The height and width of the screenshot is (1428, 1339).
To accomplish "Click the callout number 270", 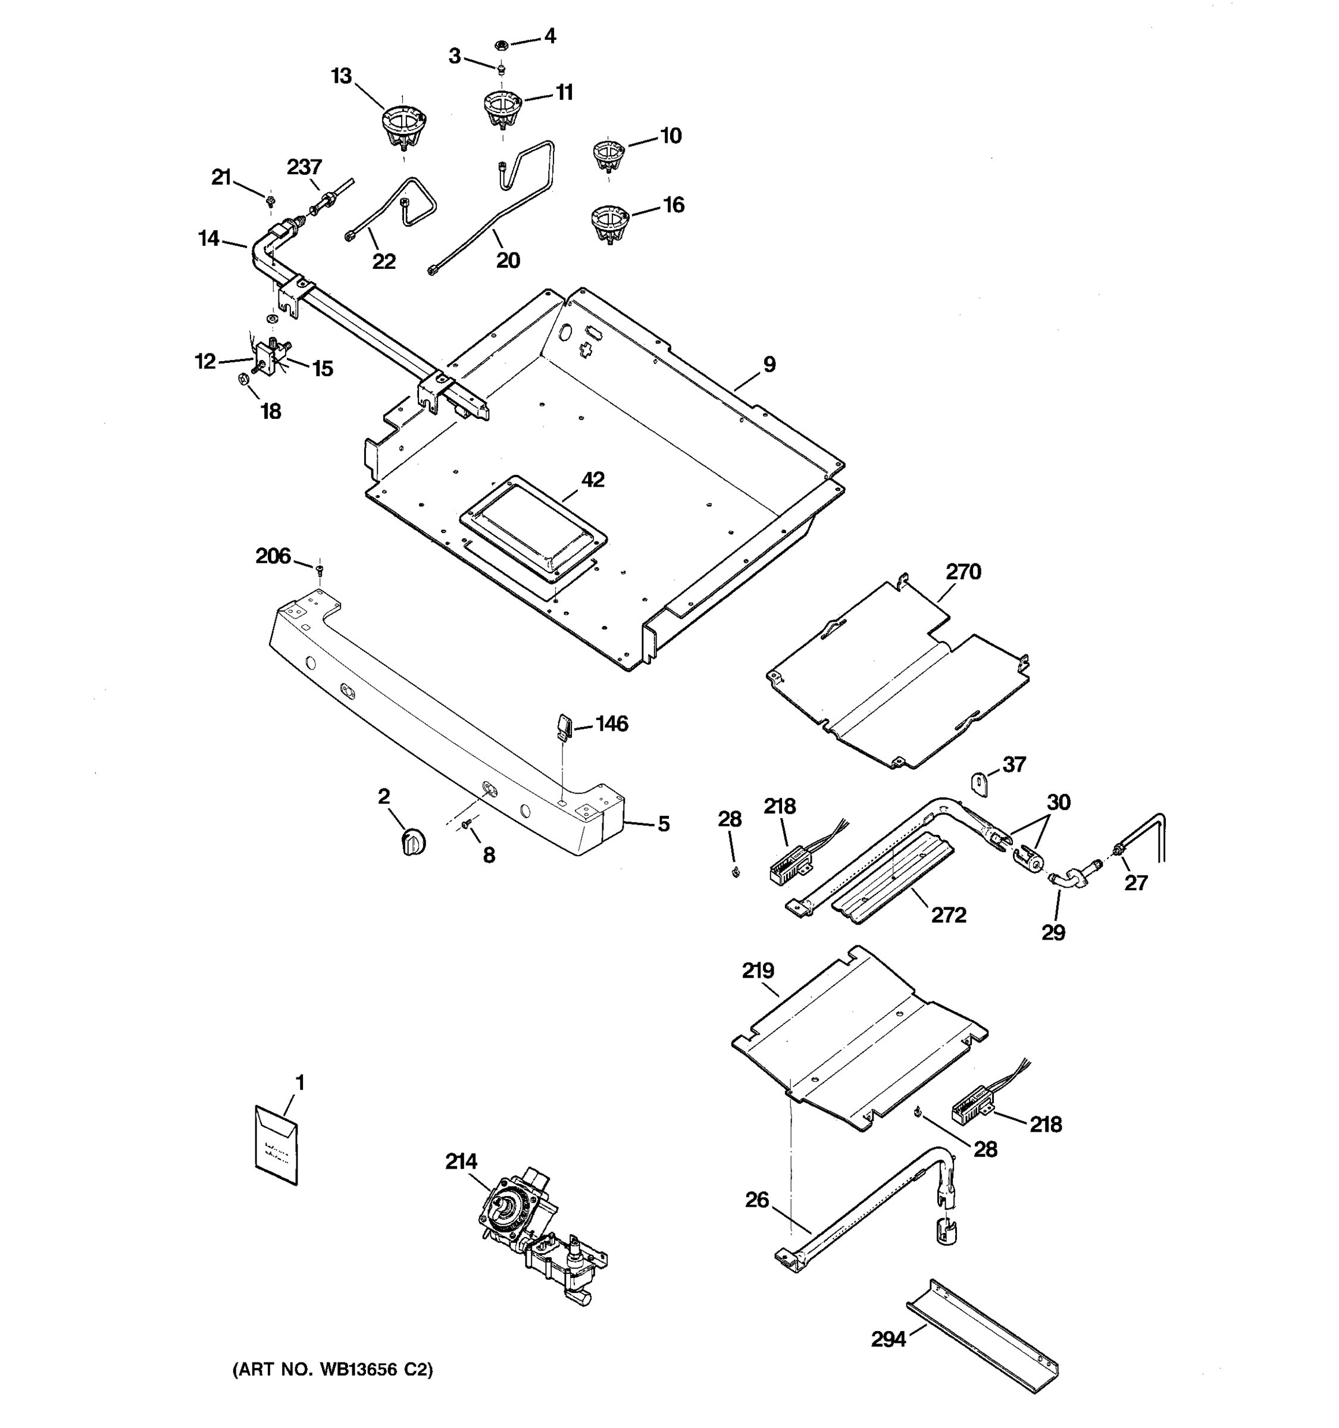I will [962, 572].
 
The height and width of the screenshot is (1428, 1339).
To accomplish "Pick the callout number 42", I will [593, 479].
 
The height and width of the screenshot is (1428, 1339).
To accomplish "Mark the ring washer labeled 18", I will [243, 378].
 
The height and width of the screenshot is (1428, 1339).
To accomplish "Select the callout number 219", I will [758, 971].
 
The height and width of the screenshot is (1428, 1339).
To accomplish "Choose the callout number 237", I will [304, 167].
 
